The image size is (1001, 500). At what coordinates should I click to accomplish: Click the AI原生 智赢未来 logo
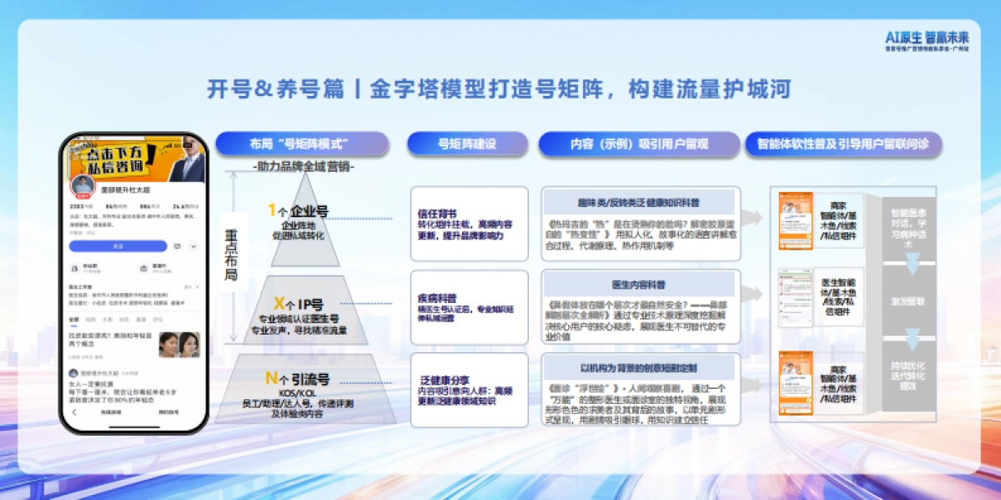tap(927, 38)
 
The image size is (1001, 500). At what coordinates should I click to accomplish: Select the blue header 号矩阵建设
tap(467, 144)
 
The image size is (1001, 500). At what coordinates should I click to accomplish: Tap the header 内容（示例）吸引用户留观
tap(639, 144)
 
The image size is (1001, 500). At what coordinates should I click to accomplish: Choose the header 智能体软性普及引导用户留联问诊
tap(843, 144)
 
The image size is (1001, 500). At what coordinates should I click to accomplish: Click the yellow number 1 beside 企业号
tap(271, 210)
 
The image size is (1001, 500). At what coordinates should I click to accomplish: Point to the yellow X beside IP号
tap(279, 303)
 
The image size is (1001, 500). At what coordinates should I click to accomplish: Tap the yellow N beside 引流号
tap(271, 378)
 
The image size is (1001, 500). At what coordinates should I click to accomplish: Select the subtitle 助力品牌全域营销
tap(304, 167)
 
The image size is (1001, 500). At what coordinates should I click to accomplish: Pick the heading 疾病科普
tap(436, 297)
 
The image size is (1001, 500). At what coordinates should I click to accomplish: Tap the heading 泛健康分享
tap(442, 380)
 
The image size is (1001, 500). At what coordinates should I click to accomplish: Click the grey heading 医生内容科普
tap(639, 285)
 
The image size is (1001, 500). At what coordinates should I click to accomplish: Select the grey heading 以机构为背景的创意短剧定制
tap(639, 367)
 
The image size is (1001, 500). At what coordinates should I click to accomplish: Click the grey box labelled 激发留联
tap(907, 301)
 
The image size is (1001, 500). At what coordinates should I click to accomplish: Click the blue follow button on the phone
tap(118, 246)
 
